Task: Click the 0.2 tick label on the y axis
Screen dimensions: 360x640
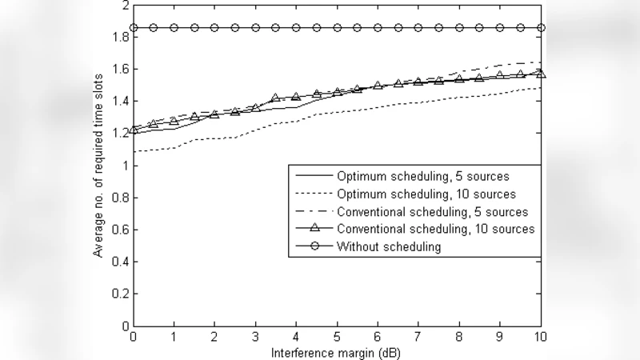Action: click(120, 294)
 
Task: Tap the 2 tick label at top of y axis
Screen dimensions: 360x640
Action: click(124, 6)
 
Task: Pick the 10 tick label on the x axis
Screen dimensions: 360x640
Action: click(541, 338)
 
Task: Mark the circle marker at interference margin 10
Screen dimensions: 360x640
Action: click(541, 28)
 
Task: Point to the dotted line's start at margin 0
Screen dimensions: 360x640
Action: click(134, 152)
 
